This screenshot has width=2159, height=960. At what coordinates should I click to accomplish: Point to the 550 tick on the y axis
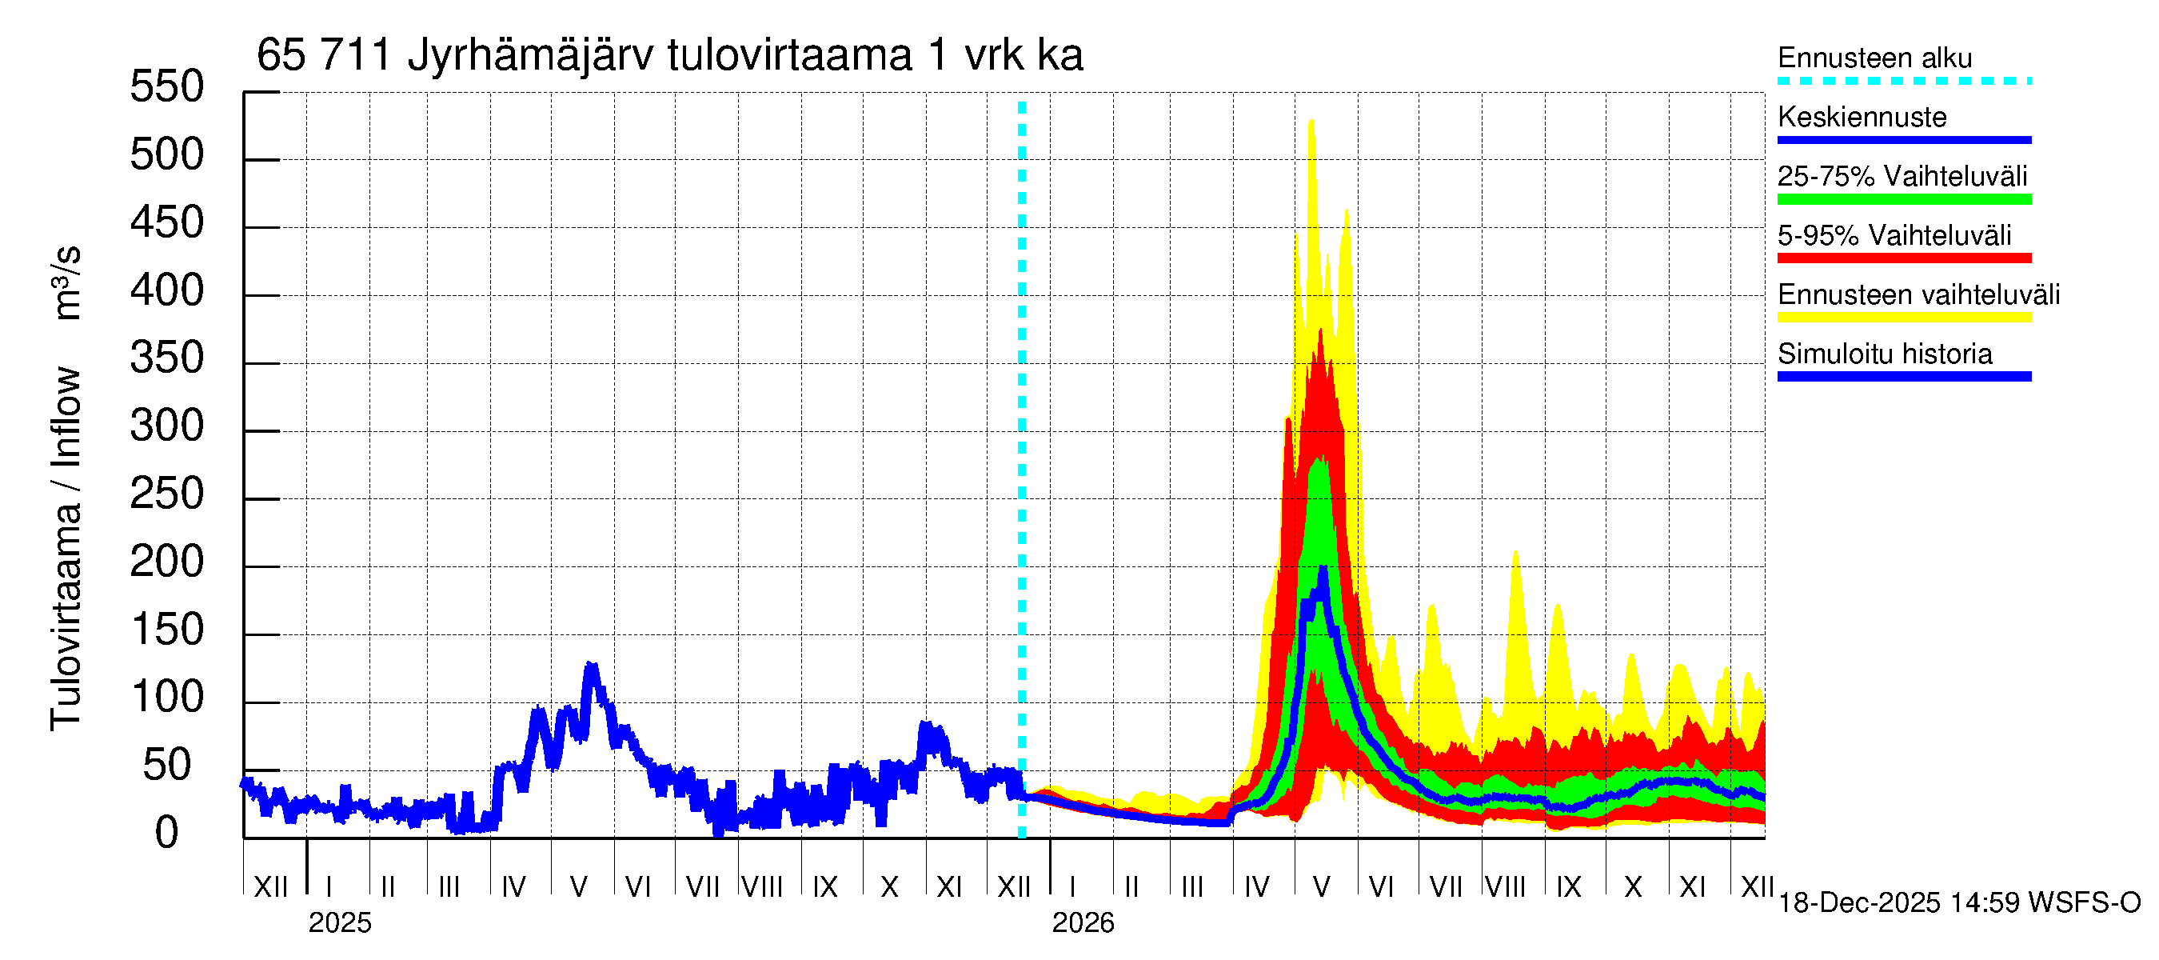pyautogui.click(x=167, y=87)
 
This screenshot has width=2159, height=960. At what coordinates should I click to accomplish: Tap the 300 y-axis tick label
pyautogui.click(x=167, y=426)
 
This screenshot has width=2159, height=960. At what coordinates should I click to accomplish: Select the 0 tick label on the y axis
pyautogui.click(x=167, y=834)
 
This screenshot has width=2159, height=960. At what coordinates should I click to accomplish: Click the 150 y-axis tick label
pyautogui.click(x=167, y=630)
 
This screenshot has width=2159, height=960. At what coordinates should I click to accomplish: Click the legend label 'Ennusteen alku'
pyautogui.click(x=1874, y=58)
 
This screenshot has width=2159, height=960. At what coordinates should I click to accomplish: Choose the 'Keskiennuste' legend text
pyautogui.click(x=1862, y=117)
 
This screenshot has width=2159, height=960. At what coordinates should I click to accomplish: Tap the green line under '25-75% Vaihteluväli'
pyautogui.click(x=1903, y=199)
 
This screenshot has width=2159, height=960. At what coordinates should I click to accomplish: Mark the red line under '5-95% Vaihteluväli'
pyautogui.click(x=1903, y=258)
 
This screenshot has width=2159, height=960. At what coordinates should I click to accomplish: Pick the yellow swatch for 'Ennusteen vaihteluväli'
pyautogui.click(x=1903, y=318)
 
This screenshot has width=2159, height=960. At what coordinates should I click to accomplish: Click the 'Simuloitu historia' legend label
pyautogui.click(x=1884, y=354)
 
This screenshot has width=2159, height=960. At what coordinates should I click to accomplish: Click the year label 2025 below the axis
pyautogui.click(x=339, y=923)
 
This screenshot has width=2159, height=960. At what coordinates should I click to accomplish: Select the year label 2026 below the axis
pyautogui.click(x=1083, y=923)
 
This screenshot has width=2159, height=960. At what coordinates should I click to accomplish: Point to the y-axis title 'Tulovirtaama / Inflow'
pyautogui.click(x=66, y=549)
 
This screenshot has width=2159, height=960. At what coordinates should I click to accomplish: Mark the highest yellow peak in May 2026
pyautogui.click(x=1311, y=122)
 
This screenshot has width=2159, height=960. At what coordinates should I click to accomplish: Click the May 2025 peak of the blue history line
pyautogui.click(x=592, y=666)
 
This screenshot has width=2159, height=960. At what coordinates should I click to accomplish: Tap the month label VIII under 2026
pyautogui.click(x=1505, y=887)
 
